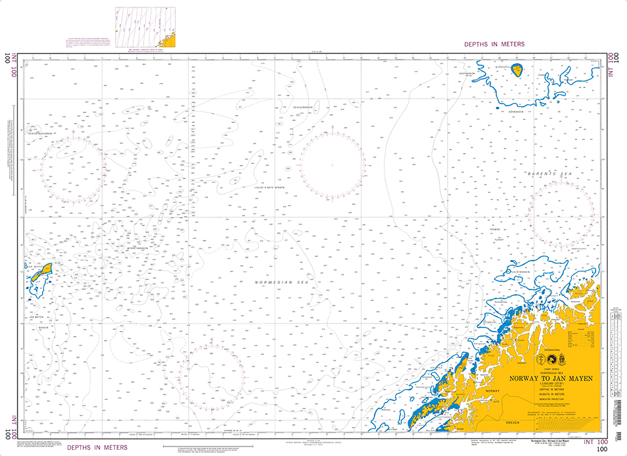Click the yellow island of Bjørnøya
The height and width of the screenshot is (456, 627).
tap(518, 70)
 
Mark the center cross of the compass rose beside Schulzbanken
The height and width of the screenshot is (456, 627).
tap(332, 165)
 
